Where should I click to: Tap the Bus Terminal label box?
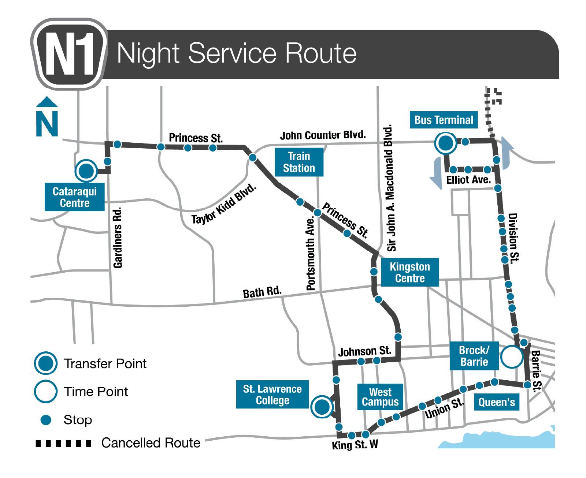(444, 120)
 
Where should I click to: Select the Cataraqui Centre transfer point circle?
(86, 170)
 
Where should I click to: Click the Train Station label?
(299, 162)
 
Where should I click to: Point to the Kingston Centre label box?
(409, 273)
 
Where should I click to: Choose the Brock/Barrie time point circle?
(512, 357)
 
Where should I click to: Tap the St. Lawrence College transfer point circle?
(322, 407)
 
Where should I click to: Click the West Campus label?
(380, 397)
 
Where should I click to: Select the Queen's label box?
(497, 402)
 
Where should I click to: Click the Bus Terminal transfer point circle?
(446, 143)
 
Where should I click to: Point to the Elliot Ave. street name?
(468, 180)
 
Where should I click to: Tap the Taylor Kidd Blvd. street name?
(224, 205)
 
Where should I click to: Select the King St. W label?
(355, 445)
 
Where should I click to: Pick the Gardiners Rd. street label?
(118, 238)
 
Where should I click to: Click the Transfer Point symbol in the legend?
(45, 363)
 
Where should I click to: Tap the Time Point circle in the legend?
(45, 391)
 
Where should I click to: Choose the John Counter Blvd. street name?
(323, 135)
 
